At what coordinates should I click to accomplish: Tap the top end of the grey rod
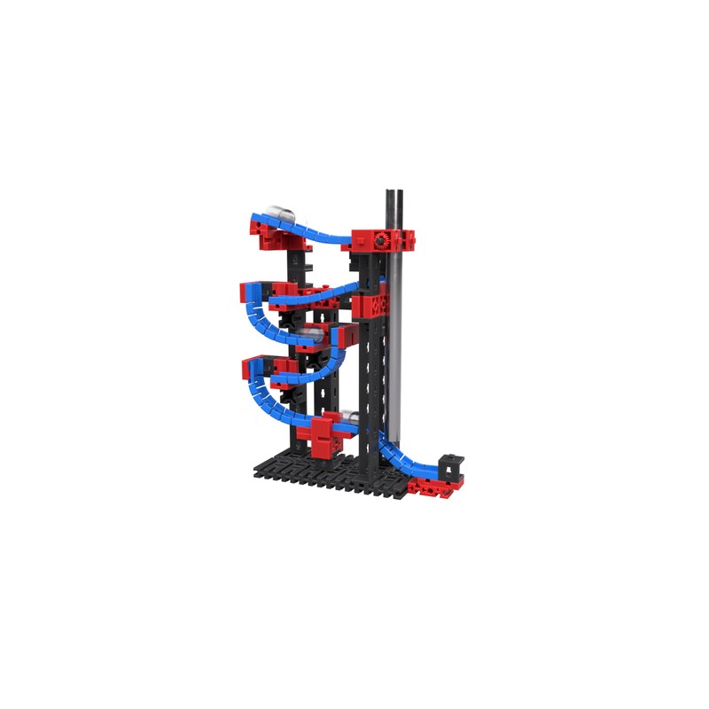coord(393,191)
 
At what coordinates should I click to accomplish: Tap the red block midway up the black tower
coord(370,306)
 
